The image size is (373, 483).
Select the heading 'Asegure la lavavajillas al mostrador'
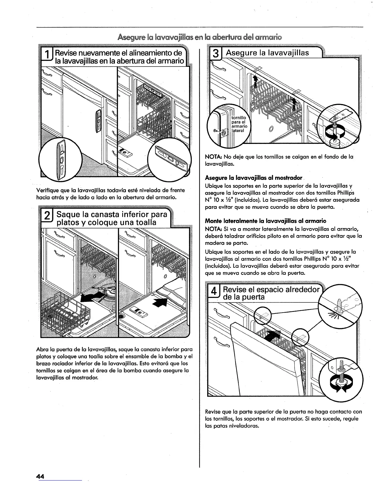coord(254,178)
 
